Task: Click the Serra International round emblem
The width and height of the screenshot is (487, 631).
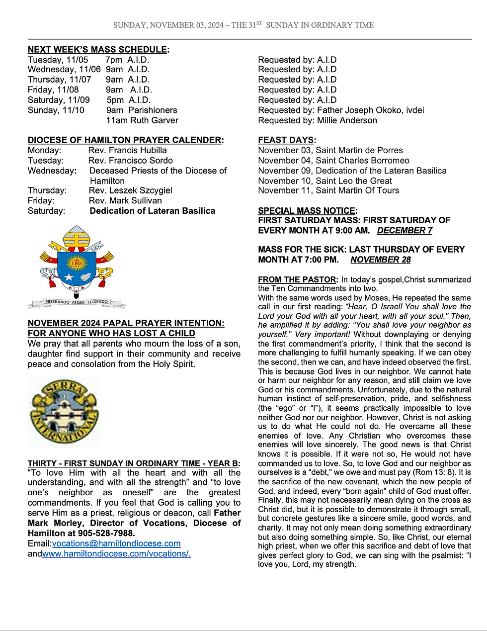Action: coord(65,412)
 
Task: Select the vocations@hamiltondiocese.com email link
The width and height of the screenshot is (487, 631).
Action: coord(116,543)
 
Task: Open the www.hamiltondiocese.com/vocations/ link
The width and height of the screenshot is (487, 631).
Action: coord(116,553)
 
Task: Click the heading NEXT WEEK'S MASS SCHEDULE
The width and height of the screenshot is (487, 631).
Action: coord(97,50)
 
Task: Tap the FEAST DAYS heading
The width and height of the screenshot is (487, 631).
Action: coord(286,140)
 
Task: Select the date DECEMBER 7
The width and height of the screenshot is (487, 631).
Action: coord(405,231)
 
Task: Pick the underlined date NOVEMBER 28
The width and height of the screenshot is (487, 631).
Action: coord(380,260)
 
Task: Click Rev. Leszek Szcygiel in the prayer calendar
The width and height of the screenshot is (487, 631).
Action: coord(131,190)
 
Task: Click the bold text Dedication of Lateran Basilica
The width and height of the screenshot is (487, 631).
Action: coord(153,211)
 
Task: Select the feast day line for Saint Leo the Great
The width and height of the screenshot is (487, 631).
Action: coord(325,180)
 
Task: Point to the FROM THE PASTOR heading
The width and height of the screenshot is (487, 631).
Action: coord(298,279)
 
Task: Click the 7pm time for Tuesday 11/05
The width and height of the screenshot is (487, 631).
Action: coord(114,60)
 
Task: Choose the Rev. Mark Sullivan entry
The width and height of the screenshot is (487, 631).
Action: coord(125,200)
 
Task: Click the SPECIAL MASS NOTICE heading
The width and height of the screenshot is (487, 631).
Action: coord(307,211)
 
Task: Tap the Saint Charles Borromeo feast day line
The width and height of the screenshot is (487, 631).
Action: coord(333,161)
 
